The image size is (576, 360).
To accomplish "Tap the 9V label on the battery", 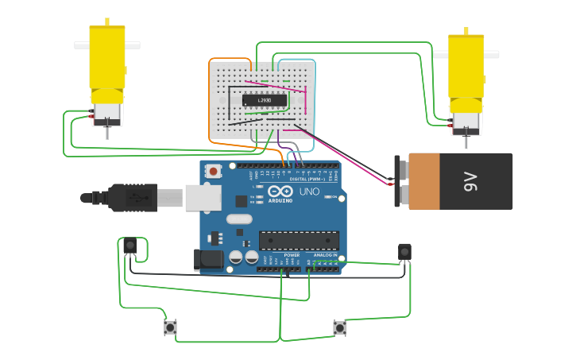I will coord(470,181).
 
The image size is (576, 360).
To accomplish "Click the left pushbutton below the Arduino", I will coord(170,327).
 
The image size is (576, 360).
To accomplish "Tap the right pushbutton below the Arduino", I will coord(340,327).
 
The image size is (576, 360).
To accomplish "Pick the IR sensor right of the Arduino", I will coord(404,252).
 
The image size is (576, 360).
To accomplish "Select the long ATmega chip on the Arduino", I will coord(299,240).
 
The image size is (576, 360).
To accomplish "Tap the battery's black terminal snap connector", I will coord(400,181).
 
